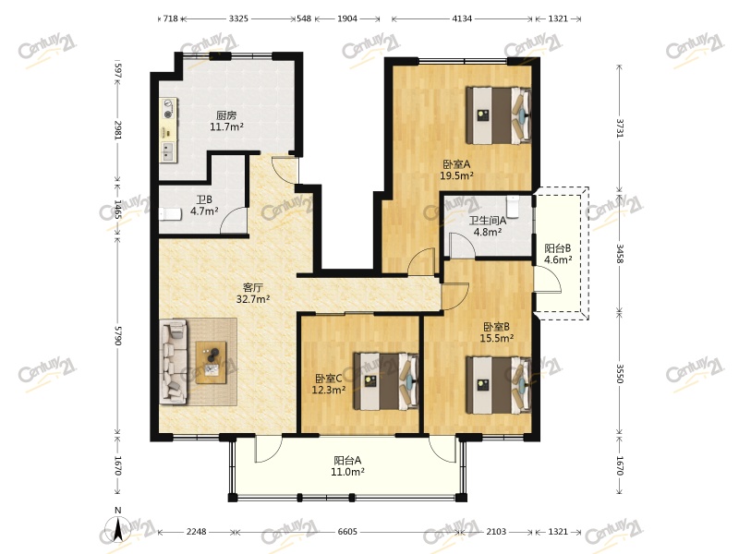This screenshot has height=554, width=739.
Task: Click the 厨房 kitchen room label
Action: point(226,114)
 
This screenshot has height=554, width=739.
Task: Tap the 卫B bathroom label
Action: point(204,199)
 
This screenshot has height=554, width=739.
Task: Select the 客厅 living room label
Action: point(252,287)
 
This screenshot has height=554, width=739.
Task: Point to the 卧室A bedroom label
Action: point(456,164)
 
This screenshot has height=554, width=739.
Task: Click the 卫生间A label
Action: point(488,221)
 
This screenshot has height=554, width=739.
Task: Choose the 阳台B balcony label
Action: point(558,248)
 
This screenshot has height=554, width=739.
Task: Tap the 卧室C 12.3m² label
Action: point(329,384)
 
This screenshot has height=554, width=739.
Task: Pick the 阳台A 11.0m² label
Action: point(347,466)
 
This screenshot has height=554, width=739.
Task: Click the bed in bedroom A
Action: point(499,114)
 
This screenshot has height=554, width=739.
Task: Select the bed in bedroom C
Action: point(386,381)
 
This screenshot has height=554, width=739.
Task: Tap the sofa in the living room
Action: point(173,362)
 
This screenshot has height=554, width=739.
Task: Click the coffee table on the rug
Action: point(212,362)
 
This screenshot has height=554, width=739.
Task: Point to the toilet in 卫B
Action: point(170,215)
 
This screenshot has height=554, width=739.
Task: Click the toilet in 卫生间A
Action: point(513,207)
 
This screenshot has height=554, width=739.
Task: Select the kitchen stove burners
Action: point(169,109)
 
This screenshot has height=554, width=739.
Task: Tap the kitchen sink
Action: point(167,151)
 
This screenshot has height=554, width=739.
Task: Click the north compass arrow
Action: point(118,530)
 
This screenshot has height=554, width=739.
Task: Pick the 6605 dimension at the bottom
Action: point(347,532)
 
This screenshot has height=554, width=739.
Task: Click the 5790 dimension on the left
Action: point(118,334)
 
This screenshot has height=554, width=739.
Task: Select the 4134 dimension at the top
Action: point(462,18)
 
